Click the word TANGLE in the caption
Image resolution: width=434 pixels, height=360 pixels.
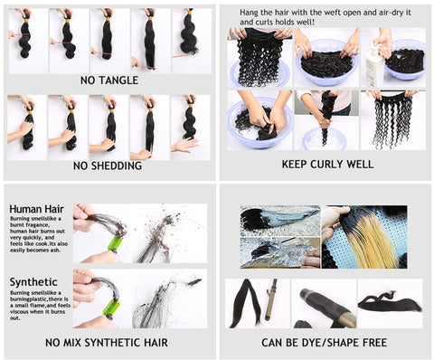(x=119, y=81)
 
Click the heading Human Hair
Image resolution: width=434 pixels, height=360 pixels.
(x=34, y=209)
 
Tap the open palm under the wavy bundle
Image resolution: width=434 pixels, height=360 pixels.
(x=184, y=145)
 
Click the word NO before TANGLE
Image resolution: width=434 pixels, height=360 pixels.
(x=90, y=81)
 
